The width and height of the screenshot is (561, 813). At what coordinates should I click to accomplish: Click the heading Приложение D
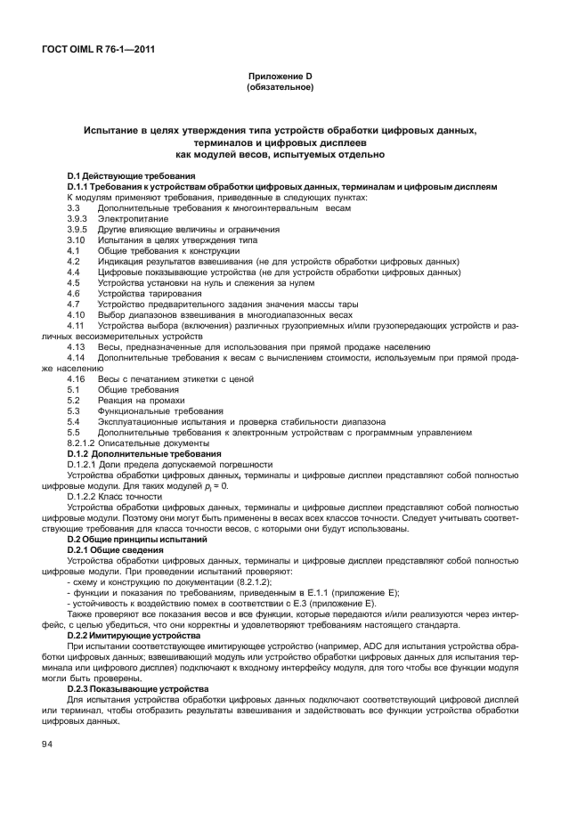coord(280,77)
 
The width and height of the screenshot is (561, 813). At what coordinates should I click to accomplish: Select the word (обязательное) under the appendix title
coord(280,88)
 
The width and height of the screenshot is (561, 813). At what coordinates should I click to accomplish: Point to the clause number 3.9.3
coord(78,217)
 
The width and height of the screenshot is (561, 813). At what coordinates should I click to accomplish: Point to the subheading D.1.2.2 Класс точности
coord(121,496)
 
